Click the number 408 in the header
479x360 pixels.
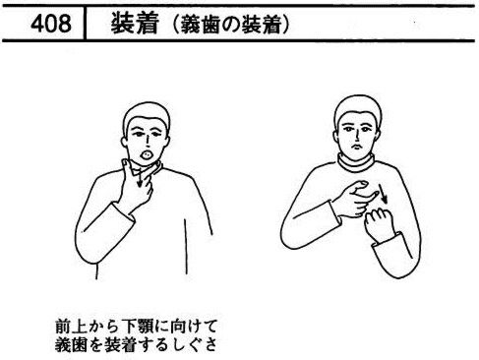(51, 24)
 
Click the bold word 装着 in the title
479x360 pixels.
(135, 24)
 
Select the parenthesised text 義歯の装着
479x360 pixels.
(231, 25)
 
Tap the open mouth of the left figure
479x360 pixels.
(147, 153)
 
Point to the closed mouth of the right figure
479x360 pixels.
(357, 147)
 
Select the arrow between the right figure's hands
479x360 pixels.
(383, 194)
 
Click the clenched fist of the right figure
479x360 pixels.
(381, 224)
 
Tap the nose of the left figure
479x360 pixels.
(148, 141)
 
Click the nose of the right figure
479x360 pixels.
(356, 135)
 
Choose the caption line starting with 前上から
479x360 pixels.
(136, 326)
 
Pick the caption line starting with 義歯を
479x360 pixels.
(136, 343)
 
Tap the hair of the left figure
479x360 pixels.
(147, 116)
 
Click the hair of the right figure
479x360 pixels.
(358, 109)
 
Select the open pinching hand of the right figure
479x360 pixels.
(355, 199)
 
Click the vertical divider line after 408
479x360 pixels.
(85, 24)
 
